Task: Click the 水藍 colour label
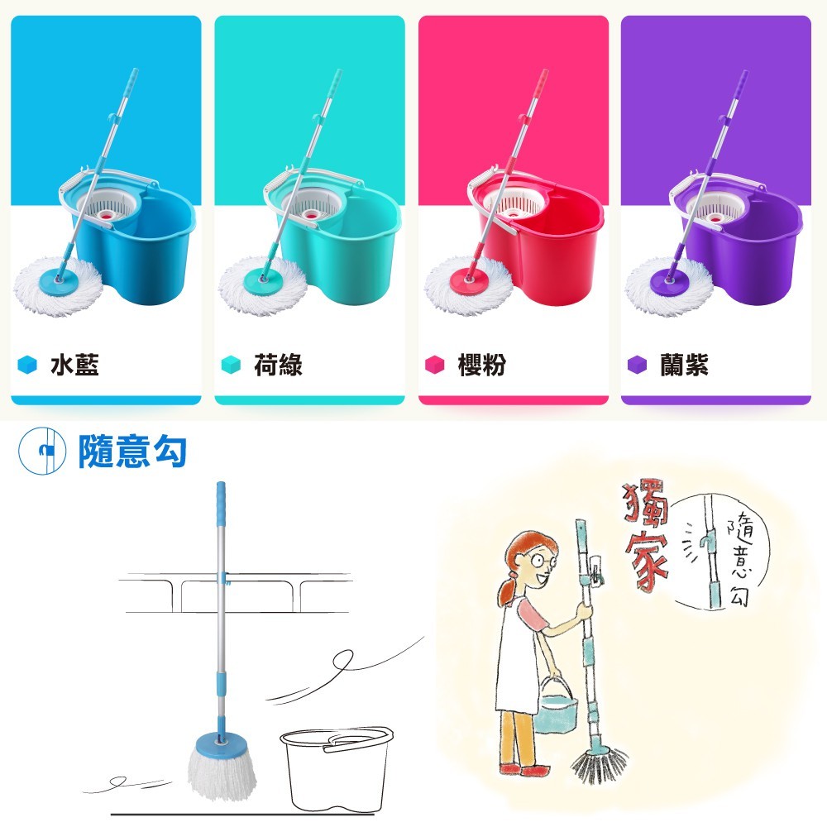click(x=74, y=365)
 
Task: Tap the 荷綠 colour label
click(x=278, y=365)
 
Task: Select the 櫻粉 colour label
click(x=481, y=365)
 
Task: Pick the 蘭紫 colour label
click(x=684, y=365)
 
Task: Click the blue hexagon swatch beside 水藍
click(x=27, y=365)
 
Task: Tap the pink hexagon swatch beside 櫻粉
click(x=435, y=365)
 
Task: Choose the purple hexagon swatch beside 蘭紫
click(x=637, y=365)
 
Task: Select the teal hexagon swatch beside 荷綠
click(x=231, y=365)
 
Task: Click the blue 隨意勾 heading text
click(x=132, y=451)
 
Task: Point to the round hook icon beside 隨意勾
click(x=42, y=451)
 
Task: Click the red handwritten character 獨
click(x=645, y=503)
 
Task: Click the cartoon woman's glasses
click(x=541, y=560)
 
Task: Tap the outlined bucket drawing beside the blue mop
click(x=336, y=769)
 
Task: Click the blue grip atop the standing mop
click(x=221, y=504)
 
